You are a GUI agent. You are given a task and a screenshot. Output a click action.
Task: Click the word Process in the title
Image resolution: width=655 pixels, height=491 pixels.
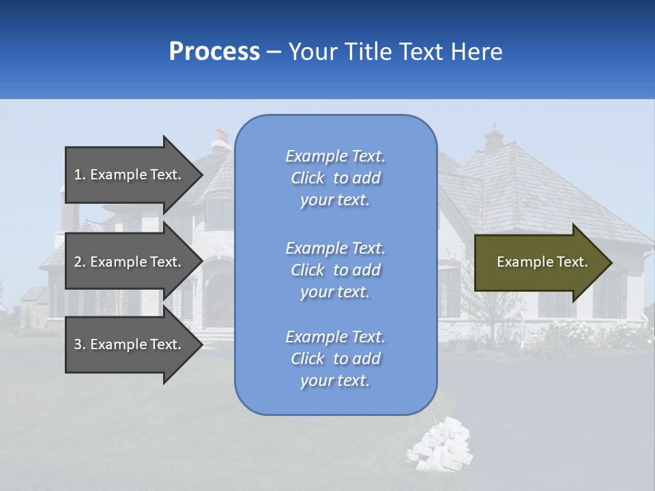(x=214, y=52)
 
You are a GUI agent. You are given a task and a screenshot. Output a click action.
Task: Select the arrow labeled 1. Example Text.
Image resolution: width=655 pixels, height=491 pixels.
(x=130, y=175)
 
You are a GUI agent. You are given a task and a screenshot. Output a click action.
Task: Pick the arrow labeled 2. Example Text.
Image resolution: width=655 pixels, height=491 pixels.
(x=130, y=262)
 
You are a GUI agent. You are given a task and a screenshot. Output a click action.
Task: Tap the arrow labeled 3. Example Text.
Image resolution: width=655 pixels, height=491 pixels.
(x=130, y=344)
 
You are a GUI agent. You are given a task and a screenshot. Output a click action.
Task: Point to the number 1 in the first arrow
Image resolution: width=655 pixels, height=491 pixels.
(x=78, y=175)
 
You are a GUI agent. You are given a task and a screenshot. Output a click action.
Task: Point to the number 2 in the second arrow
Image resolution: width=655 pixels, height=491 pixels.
(x=78, y=262)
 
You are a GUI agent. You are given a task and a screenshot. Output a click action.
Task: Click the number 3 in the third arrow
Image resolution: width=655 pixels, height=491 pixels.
(x=78, y=344)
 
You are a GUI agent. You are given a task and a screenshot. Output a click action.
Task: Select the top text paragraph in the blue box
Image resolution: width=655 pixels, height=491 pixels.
(x=335, y=178)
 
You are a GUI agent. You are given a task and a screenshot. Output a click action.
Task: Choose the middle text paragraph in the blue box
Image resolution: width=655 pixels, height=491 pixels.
(x=335, y=270)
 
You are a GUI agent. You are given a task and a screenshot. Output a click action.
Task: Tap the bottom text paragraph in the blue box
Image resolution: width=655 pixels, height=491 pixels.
(x=335, y=359)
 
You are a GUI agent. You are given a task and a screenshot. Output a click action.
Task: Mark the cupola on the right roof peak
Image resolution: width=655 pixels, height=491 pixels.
(x=493, y=139)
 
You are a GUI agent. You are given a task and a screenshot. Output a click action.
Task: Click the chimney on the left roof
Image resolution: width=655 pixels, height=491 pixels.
(x=220, y=140)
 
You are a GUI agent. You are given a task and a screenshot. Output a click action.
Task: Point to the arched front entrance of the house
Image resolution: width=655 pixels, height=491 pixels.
(x=220, y=300)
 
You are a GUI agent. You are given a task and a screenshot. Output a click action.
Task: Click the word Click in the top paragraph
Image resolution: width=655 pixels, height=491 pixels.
(x=308, y=178)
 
